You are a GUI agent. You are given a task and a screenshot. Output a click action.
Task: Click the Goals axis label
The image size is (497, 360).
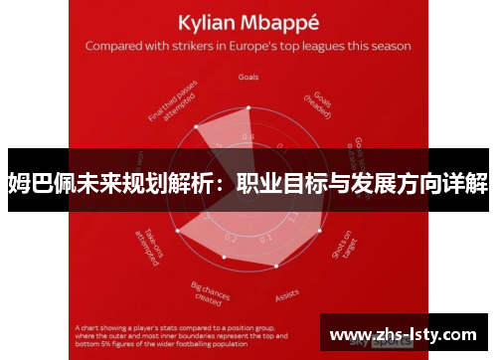click(x=249, y=76)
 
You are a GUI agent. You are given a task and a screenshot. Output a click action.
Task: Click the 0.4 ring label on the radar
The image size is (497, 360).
click(x=248, y=137)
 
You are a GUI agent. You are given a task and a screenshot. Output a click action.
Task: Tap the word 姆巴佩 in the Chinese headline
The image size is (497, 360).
click(x=37, y=183)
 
